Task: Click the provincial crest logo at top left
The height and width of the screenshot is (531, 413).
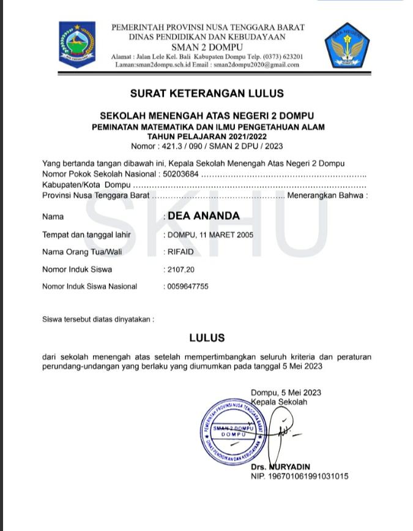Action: point(77,45)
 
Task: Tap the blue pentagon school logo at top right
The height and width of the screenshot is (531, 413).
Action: point(343,46)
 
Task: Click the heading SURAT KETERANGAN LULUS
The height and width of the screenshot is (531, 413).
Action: point(207,94)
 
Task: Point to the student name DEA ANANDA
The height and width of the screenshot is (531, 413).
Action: point(204,216)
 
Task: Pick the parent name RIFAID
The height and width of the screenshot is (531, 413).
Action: point(180,252)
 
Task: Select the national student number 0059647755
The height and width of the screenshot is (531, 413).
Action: point(188,286)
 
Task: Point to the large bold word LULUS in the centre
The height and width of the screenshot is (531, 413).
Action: point(207,337)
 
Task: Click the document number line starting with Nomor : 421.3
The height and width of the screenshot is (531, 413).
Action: point(207,146)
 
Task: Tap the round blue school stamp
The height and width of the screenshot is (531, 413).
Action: point(231,431)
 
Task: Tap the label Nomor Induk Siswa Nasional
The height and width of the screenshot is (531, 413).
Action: point(89,286)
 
